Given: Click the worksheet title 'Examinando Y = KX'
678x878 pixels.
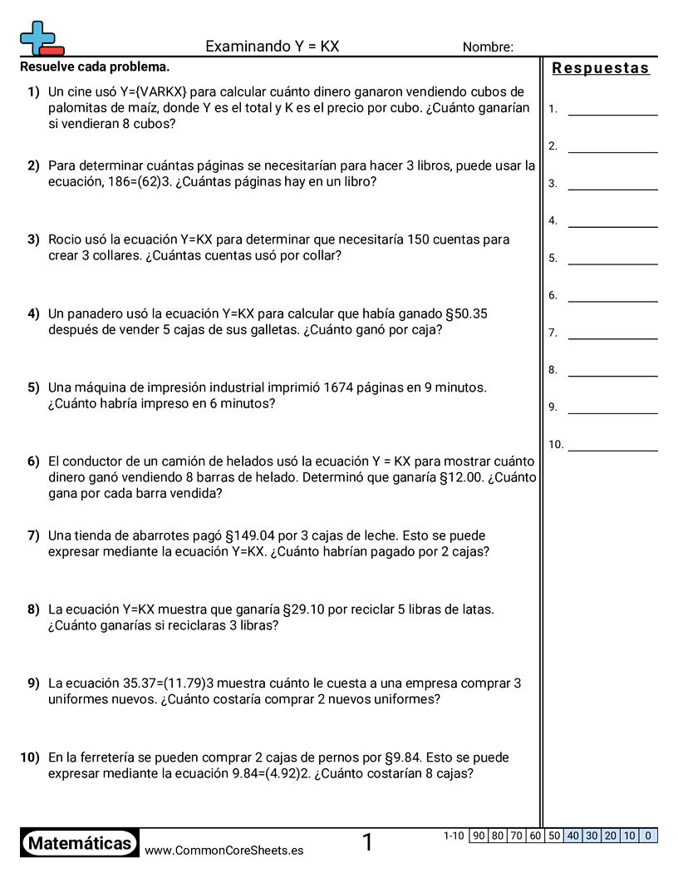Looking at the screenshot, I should pos(272,47).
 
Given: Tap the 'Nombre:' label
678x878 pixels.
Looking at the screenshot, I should pos(488,47).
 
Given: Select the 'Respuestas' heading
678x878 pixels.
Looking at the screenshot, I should pos(601,68).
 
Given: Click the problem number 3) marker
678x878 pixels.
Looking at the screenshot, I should pos(33,239).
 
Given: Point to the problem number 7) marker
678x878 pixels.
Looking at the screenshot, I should pos(33,535).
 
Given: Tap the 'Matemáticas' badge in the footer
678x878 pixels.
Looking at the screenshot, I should pos(80,843).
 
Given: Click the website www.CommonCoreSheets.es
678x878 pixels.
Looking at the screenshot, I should pos(224,850).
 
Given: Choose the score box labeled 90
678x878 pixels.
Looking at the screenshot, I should pos(479,836).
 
